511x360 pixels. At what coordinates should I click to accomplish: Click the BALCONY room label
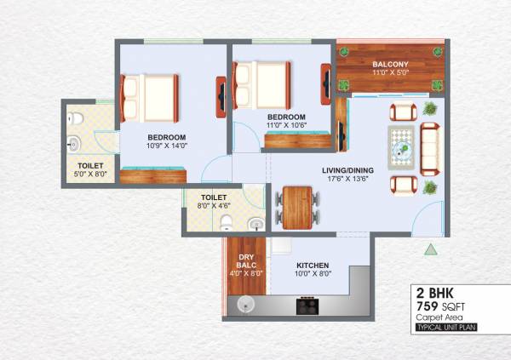(390, 64)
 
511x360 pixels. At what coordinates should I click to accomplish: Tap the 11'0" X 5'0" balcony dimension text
(390, 73)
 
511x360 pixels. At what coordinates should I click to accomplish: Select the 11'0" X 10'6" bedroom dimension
(286, 125)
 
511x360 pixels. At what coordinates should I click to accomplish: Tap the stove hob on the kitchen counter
(307, 306)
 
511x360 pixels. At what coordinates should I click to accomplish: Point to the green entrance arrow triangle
(430, 249)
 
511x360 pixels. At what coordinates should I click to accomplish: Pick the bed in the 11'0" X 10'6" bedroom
(260, 83)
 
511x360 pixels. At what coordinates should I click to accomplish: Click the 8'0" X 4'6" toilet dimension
(213, 205)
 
